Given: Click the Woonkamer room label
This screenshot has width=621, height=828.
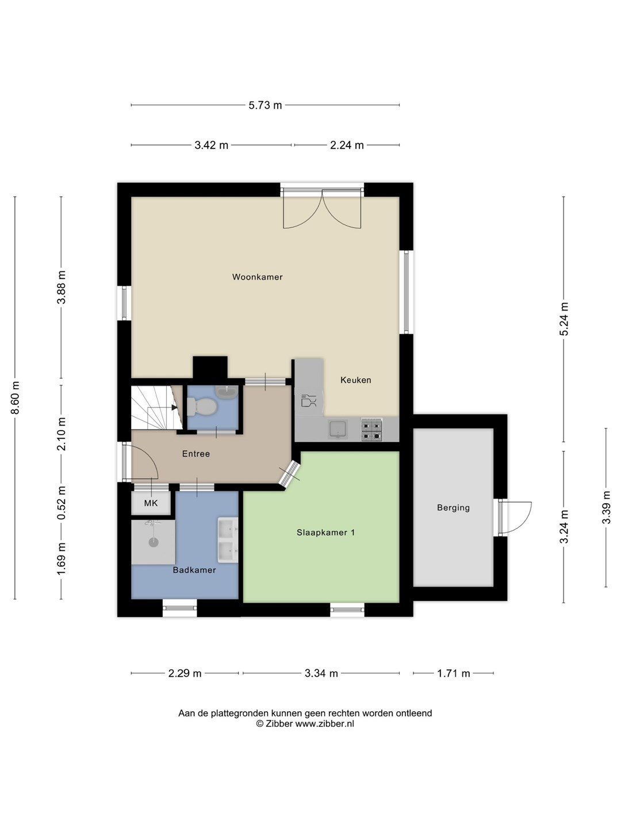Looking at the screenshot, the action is click(x=257, y=277).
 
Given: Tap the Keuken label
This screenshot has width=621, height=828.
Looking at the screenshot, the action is click(x=355, y=380).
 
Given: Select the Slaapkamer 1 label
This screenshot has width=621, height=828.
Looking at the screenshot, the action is click(x=325, y=532).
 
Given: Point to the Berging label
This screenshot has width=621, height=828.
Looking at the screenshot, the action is click(x=453, y=507).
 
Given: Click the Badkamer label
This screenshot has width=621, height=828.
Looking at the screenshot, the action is click(x=194, y=570).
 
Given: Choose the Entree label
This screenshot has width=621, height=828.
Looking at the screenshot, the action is click(x=195, y=454).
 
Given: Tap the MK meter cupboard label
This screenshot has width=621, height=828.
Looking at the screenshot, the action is click(x=151, y=503).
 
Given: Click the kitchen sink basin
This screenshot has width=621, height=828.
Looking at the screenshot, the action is click(x=338, y=429).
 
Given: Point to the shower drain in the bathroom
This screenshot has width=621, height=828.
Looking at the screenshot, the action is click(x=154, y=542).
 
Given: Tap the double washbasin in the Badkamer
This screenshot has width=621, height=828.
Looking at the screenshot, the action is click(x=228, y=540).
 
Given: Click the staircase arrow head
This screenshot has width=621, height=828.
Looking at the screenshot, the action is click(x=174, y=408).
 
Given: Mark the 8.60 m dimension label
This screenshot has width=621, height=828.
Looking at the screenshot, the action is click(x=15, y=397).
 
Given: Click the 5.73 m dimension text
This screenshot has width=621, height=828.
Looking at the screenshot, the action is click(x=265, y=105).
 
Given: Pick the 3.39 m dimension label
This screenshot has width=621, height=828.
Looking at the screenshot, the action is click(x=606, y=507).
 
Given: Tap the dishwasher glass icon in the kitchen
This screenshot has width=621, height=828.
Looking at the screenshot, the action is click(x=309, y=400).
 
